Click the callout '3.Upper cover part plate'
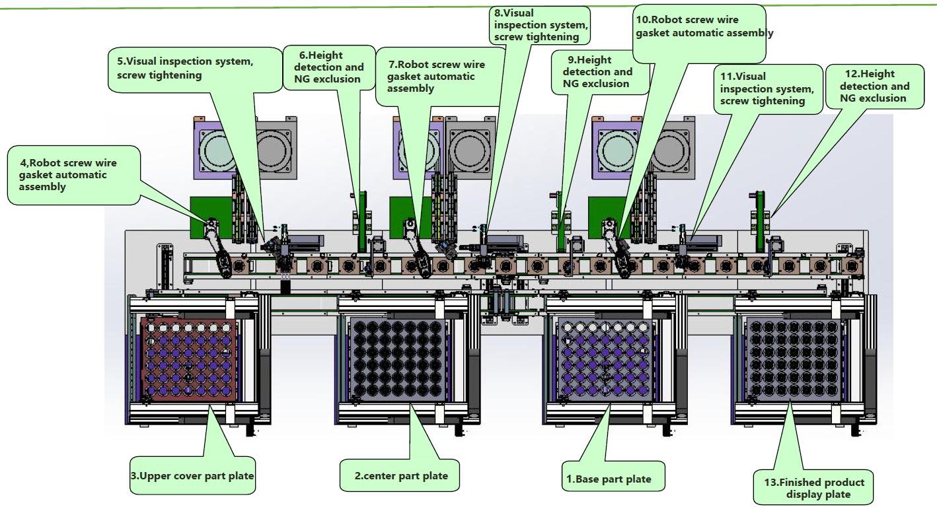point(192,475)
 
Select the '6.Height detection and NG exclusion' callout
point(328,67)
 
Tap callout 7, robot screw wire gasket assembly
point(436,77)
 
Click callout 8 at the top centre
point(539,25)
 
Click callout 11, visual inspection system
point(767,89)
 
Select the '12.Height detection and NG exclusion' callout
point(873,86)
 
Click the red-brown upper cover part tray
point(188,359)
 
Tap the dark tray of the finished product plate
point(794,359)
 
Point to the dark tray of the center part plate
point(395,359)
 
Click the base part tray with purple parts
point(605,359)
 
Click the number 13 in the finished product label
point(772,482)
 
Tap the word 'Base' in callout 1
point(588,479)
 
